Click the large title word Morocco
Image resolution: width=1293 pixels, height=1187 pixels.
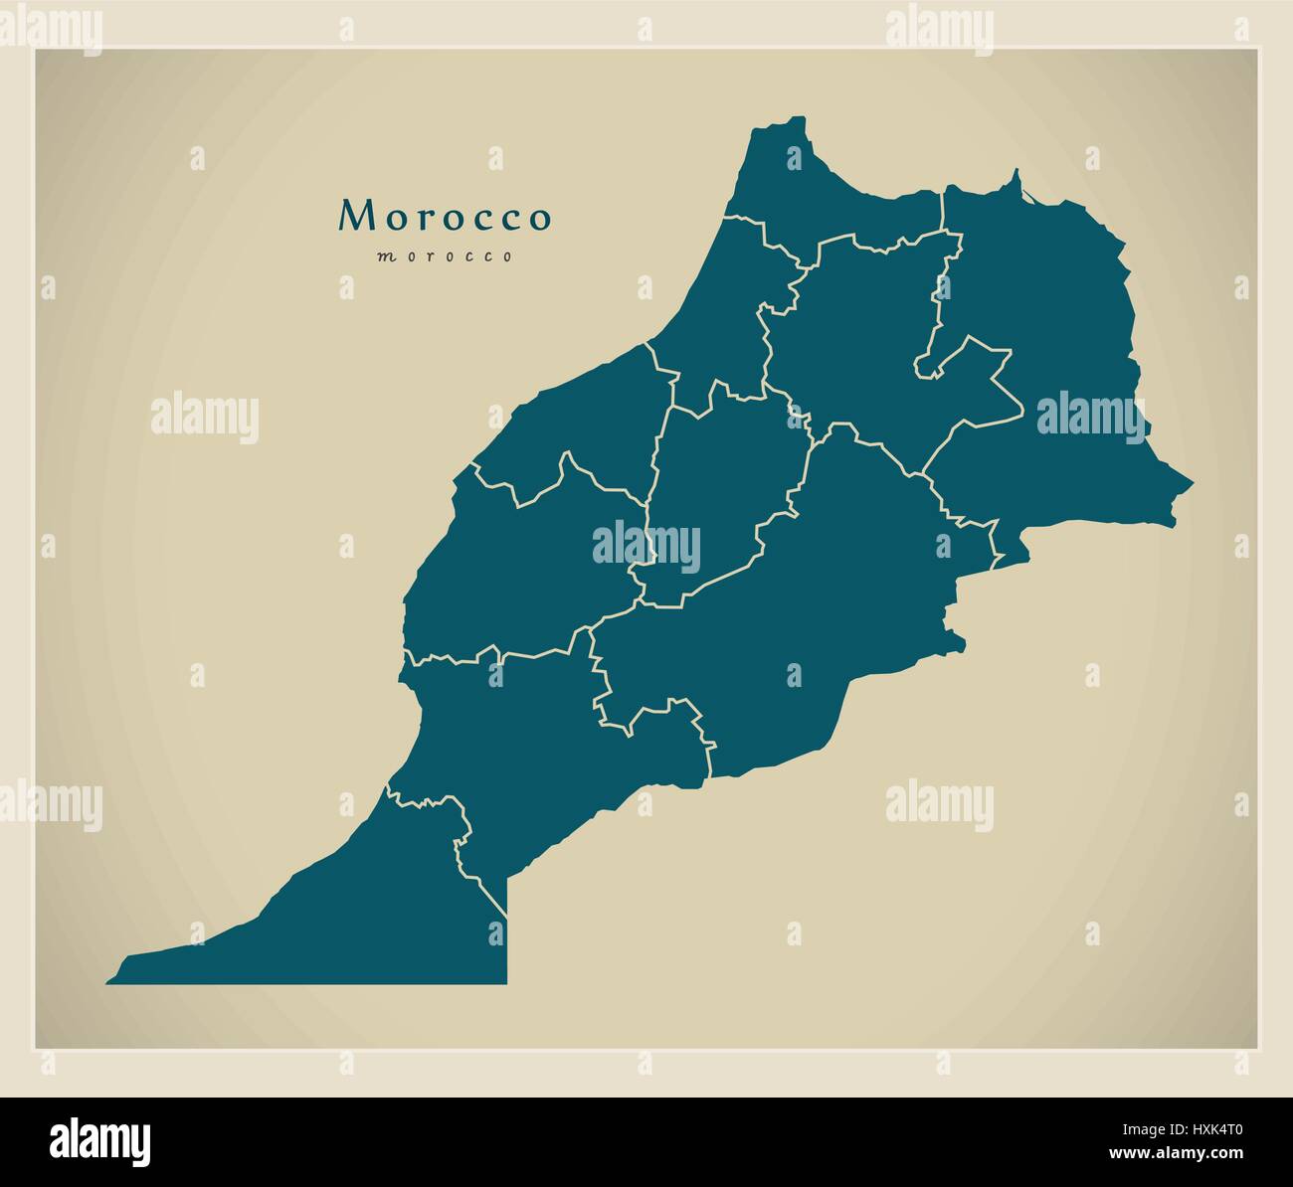tap(445, 217)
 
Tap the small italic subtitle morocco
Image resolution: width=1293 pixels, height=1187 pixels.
tap(445, 256)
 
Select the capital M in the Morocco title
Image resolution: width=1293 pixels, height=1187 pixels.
tap(355, 217)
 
